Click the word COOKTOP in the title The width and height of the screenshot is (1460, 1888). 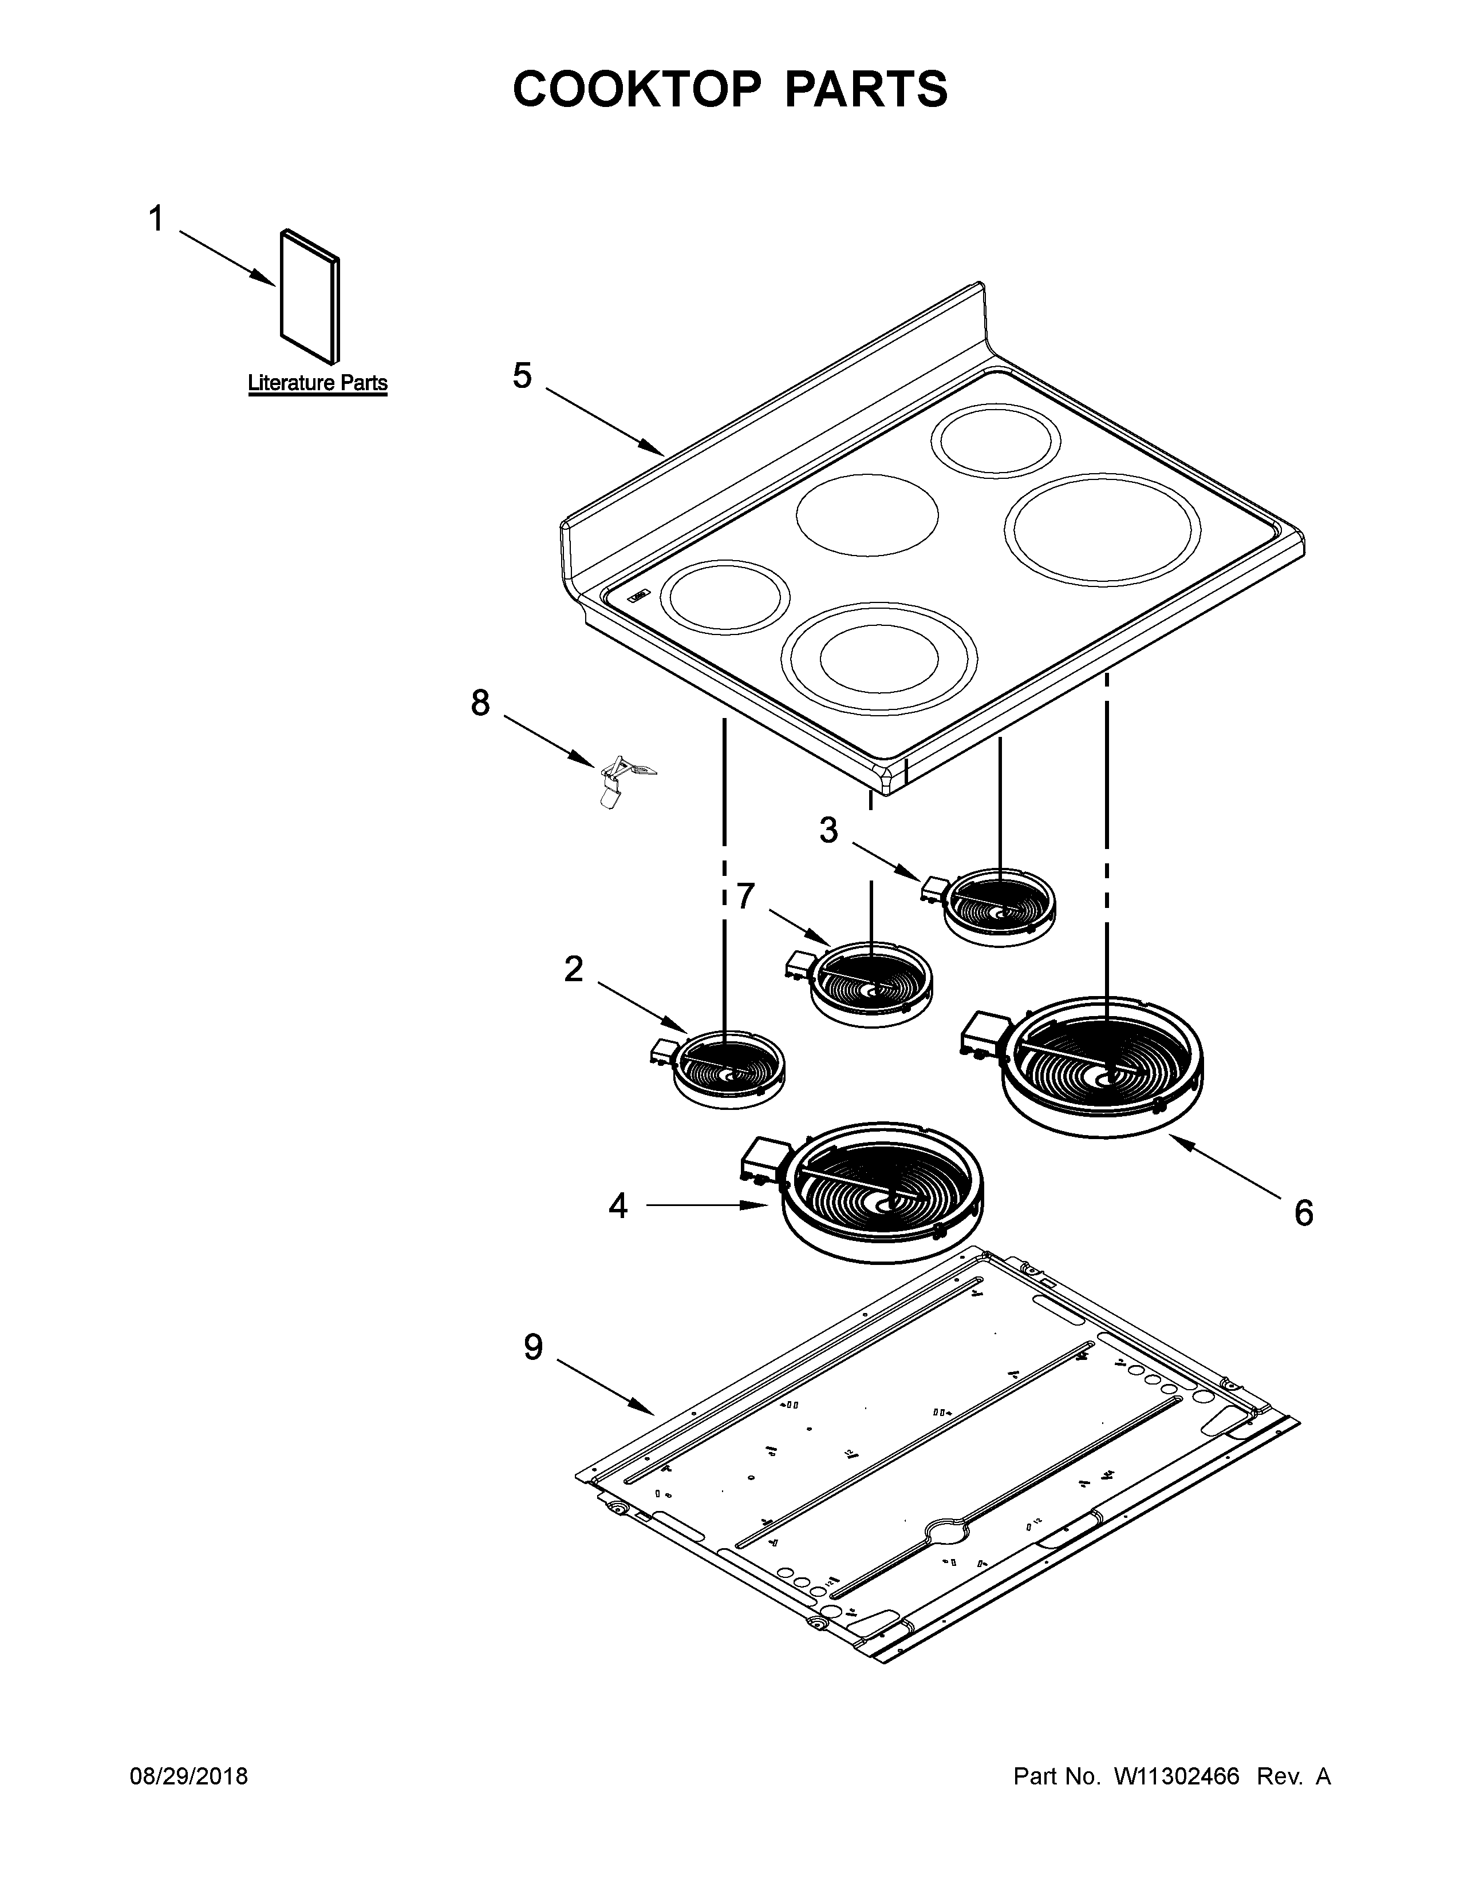click(637, 89)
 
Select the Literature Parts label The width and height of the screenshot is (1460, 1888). click(317, 383)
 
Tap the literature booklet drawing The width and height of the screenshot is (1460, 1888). click(309, 296)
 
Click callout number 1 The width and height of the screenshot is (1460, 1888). click(156, 220)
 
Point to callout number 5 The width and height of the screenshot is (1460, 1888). click(522, 376)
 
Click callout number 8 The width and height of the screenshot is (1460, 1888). click(480, 703)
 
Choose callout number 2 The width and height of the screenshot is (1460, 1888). click(574, 969)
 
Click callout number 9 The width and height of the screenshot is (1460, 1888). click(533, 1347)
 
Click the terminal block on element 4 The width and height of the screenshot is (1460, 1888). click(764, 1159)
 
